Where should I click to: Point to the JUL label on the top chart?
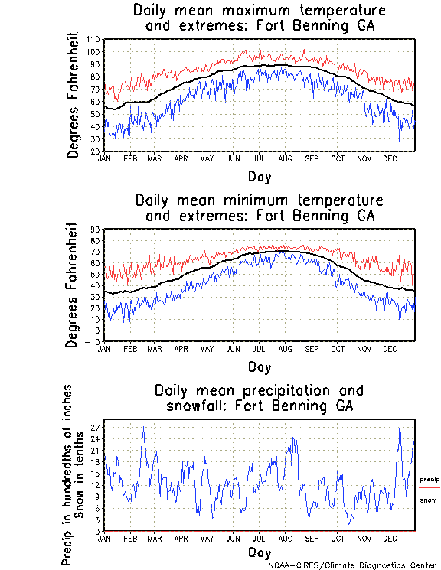[258, 158]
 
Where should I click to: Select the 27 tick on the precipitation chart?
[95, 427]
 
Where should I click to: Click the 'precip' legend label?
[429, 479]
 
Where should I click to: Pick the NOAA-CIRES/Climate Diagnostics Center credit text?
[353, 565]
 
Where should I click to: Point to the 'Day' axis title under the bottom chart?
[259, 552]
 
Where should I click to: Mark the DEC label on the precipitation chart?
[388, 538]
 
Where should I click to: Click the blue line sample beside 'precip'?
[429, 467]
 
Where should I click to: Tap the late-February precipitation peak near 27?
[143, 427]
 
